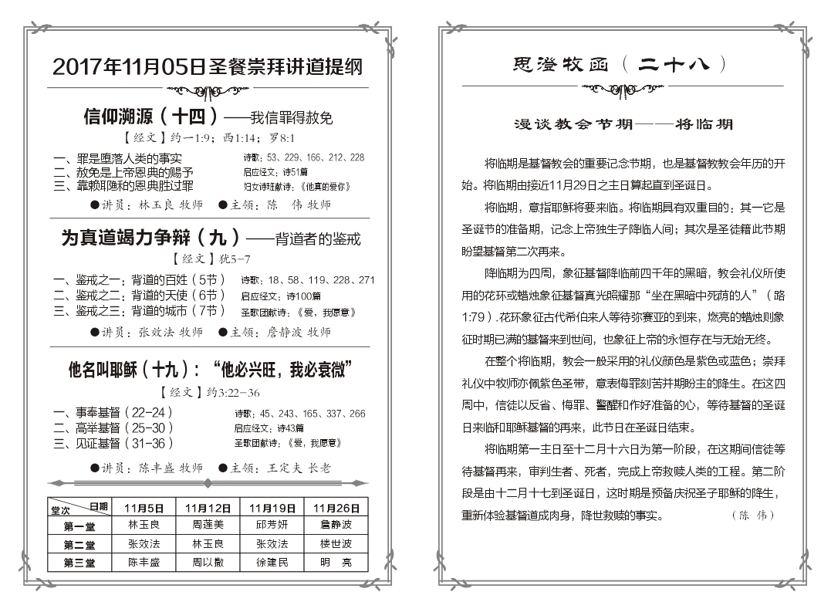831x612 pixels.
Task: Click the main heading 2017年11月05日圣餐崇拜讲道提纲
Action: [x=208, y=67]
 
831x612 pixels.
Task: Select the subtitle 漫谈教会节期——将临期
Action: [x=623, y=123]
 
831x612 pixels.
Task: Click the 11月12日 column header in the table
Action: [x=209, y=507]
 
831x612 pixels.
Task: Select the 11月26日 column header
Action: [x=336, y=507]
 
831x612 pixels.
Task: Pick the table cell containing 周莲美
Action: [x=209, y=526]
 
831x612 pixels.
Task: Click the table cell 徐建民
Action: [x=272, y=563]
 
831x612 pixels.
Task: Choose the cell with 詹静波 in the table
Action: [x=336, y=526]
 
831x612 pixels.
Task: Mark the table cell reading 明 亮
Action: [x=336, y=563]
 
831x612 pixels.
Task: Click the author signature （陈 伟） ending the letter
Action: [x=751, y=515]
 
